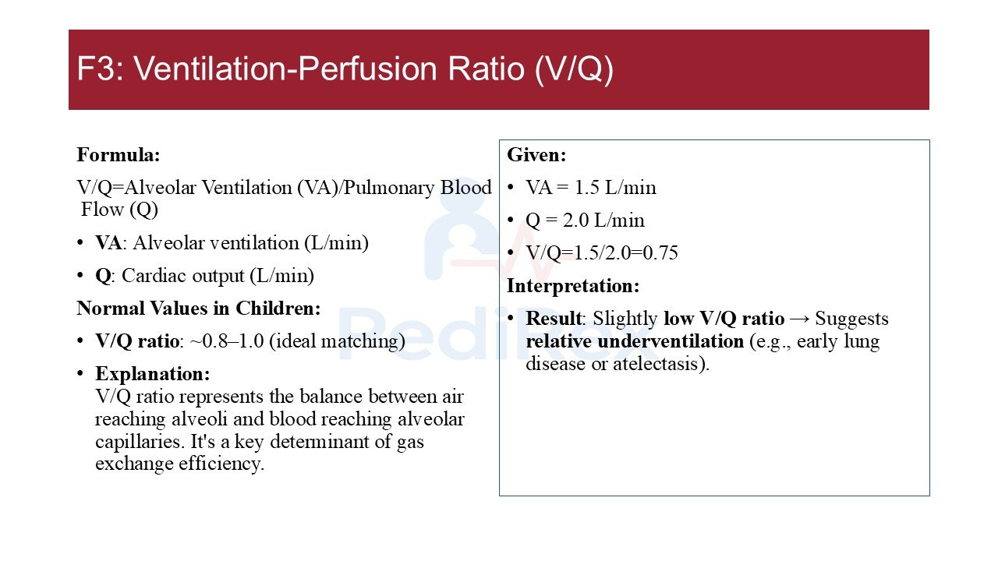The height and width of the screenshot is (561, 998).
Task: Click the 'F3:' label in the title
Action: [x=101, y=69]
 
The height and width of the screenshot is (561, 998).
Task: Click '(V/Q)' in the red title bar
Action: [x=574, y=70]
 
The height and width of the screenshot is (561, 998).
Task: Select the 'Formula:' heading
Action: [x=118, y=155]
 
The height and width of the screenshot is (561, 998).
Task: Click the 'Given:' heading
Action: [x=536, y=155]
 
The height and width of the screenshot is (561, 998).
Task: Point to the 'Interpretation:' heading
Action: [x=573, y=286]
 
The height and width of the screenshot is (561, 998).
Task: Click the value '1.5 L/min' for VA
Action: [x=615, y=188]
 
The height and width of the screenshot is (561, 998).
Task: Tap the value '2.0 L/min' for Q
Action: [x=603, y=220]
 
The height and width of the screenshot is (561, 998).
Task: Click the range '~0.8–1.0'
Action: [x=227, y=341]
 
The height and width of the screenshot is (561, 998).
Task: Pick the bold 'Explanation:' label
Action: [x=152, y=374]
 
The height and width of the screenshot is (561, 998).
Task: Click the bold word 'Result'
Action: [x=554, y=319]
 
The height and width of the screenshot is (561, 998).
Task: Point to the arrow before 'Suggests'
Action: [x=799, y=319]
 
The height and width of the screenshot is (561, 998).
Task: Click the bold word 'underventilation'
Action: [x=670, y=341]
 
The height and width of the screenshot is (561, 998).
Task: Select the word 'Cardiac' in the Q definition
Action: [x=152, y=276]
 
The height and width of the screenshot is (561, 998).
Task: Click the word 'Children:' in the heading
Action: [x=278, y=308]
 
